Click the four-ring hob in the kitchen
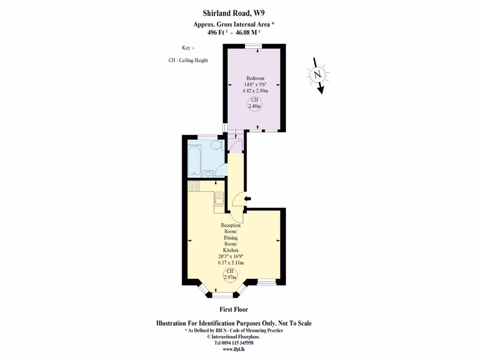pyautogui.click(x=195, y=186)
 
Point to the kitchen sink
pyautogui.click(x=219, y=200)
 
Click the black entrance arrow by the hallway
pyautogui.click(x=247, y=199)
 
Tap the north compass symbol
pyautogui.click(x=318, y=75)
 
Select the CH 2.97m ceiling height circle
pyautogui.click(x=230, y=274)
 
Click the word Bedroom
pyautogui.click(x=255, y=78)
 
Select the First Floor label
pyautogui.click(x=233, y=309)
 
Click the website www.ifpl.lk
pyautogui.click(x=233, y=349)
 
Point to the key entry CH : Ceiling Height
pyautogui.click(x=188, y=60)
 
